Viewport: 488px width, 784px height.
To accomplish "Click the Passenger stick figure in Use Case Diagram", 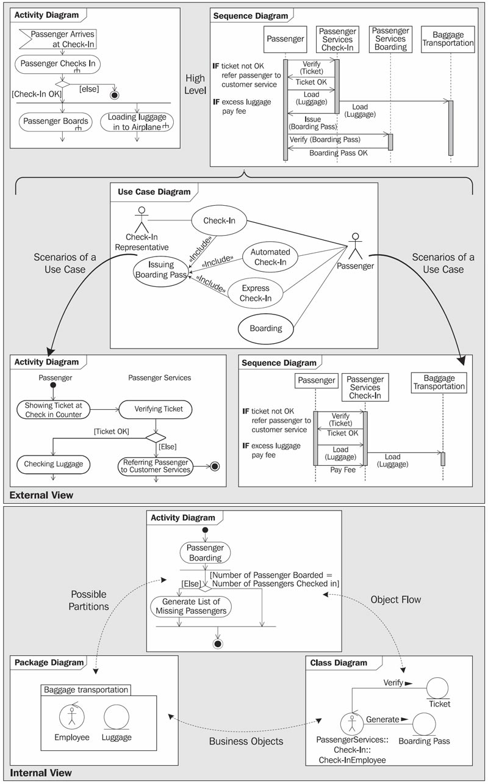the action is [x=356, y=246].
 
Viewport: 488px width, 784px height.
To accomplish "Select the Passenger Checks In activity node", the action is [x=58, y=64].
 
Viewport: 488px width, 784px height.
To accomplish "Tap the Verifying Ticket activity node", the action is [x=156, y=409].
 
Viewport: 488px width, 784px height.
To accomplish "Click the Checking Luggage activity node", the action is [x=54, y=464].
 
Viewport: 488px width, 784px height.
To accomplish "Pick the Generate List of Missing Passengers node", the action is [x=191, y=606].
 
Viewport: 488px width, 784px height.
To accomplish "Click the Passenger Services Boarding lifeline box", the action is [x=390, y=39].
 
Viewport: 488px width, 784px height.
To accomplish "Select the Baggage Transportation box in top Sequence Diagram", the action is [x=448, y=39].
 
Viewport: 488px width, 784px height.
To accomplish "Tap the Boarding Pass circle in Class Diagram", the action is [x=424, y=724].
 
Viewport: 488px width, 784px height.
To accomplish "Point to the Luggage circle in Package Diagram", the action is [x=117, y=717].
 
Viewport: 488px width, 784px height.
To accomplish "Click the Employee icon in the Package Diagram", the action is [x=71, y=716].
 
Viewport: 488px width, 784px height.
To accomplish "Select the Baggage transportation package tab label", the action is [x=86, y=690].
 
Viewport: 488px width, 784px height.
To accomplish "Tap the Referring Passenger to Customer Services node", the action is [x=156, y=466].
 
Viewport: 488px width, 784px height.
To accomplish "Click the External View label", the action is [x=41, y=495].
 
